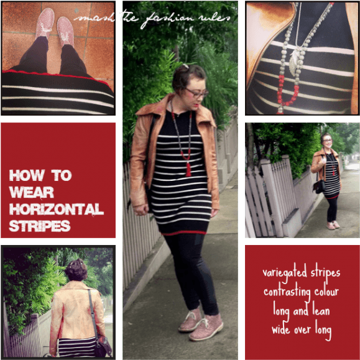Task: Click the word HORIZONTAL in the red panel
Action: click(56, 209)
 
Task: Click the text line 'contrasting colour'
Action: click(302, 291)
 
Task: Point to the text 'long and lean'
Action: click(302, 309)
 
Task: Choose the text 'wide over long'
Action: click(302, 327)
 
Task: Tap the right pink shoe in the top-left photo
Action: click(65, 32)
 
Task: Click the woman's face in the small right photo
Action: click(326, 141)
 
